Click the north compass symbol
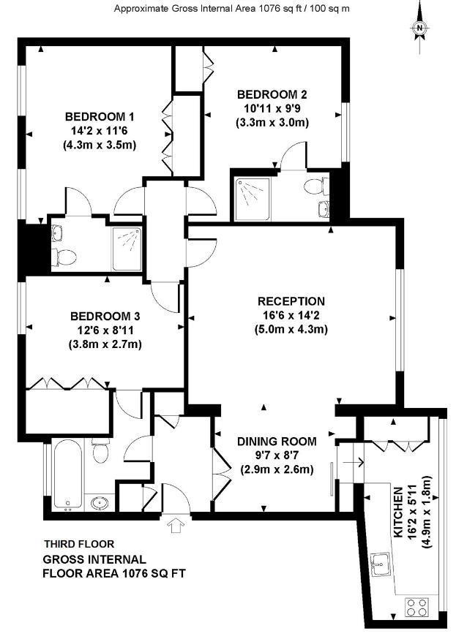419,28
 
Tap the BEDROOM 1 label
100,117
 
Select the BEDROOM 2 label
272,95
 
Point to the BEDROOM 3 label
105,317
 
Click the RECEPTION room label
291,301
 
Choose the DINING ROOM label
277,442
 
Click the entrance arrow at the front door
176,525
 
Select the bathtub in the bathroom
67,474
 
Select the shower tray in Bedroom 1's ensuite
127,249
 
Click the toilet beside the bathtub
100,450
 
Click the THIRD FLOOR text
79,544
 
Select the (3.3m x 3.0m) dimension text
272,123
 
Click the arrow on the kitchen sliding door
354,463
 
